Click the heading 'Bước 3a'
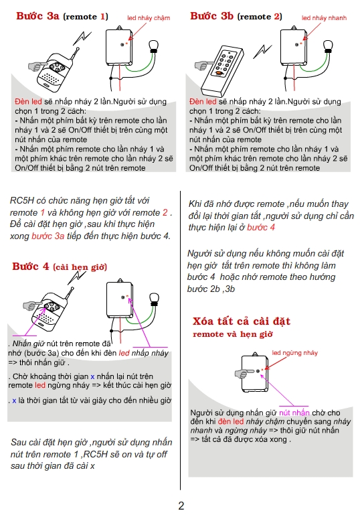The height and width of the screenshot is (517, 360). click(x=38, y=15)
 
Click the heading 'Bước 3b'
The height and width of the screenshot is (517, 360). click(x=212, y=15)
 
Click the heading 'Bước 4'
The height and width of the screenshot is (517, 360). click(x=31, y=267)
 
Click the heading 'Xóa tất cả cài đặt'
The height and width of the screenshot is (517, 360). click(x=241, y=321)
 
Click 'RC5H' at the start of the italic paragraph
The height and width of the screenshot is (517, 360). click(x=23, y=200)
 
